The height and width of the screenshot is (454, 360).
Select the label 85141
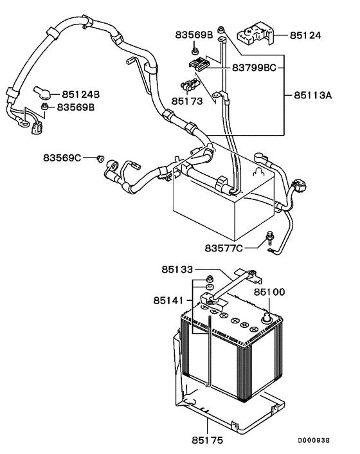[168, 300]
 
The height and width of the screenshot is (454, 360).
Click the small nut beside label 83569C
[100, 157]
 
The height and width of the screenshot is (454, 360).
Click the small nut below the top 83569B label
[194, 50]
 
